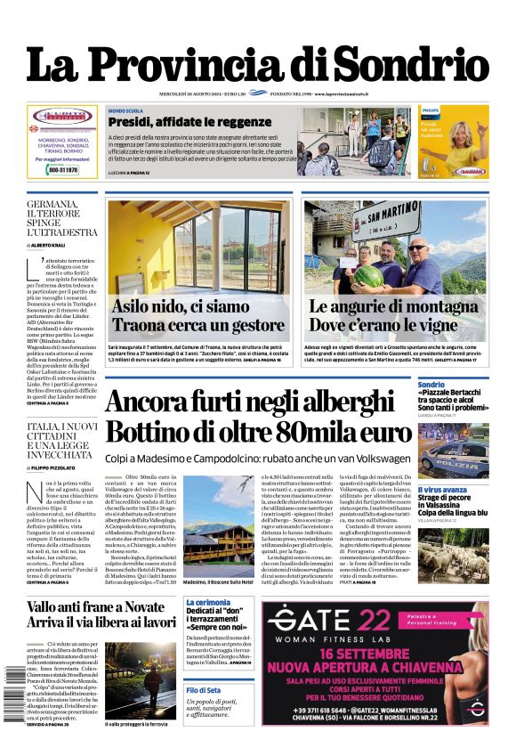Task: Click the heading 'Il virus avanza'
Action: [442, 490]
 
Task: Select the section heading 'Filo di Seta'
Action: [203, 690]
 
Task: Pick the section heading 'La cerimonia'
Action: [207, 603]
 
